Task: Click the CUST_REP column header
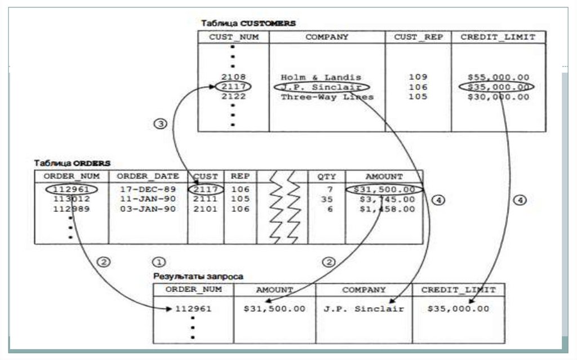click(x=418, y=37)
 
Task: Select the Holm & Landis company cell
click(x=321, y=77)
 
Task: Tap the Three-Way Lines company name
click(x=327, y=97)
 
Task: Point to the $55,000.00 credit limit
click(x=498, y=77)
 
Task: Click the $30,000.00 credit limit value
click(x=498, y=97)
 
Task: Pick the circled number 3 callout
click(x=160, y=124)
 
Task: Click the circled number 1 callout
click(x=160, y=262)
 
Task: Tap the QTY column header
click(x=326, y=176)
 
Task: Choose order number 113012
click(x=72, y=199)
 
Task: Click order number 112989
click(x=72, y=209)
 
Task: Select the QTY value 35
click(x=326, y=199)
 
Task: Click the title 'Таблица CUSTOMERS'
click(x=248, y=24)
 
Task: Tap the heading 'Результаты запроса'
click(x=198, y=277)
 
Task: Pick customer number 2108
click(x=233, y=77)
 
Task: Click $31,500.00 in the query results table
click(x=274, y=309)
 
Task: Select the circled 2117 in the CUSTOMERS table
click(x=233, y=87)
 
